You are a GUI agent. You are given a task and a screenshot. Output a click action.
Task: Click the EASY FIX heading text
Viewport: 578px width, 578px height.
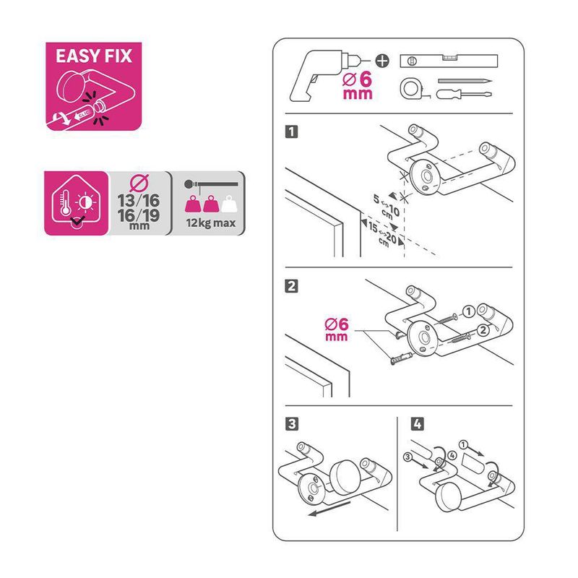pyautogui.click(x=94, y=56)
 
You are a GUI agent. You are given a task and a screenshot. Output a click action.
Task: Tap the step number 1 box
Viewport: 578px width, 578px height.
pyautogui.click(x=291, y=131)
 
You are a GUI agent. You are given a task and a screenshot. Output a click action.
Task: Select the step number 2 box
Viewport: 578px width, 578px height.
pyautogui.click(x=291, y=285)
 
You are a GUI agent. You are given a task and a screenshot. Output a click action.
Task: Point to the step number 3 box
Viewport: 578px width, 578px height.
pyautogui.click(x=292, y=424)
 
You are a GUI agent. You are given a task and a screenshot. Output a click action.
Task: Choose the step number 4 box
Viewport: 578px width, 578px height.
pyautogui.click(x=417, y=424)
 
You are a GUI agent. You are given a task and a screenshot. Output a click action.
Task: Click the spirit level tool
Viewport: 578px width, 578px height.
pyautogui.click(x=449, y=61)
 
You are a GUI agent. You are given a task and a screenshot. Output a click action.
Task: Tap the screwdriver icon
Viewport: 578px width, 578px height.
pyautogui.click(x=464, y=95)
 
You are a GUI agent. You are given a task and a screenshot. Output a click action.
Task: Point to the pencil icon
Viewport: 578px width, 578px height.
pyautogui.click(x=465, y=81)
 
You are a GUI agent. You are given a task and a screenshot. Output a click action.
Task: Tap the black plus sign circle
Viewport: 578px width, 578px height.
pyautogui.click(x=382, y=61)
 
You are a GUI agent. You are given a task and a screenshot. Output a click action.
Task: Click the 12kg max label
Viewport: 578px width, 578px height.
pyautogui.click(x=211, y=223)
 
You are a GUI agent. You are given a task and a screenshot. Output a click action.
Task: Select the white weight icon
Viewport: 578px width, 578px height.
pyautogui.click(x=229, y=204)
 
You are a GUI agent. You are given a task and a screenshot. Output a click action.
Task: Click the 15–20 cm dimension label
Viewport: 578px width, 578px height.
pyautogui.click(x=383, y=234)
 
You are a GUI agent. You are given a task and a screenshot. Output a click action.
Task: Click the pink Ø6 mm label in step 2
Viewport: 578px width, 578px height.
pyautogui.click(x=336, y=329)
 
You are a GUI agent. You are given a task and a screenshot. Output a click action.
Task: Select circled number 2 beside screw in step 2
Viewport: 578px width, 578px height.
pyautogui.click(x=483, y=330)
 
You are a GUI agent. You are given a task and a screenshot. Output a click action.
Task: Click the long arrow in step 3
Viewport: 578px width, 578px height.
pyautogui.click(x=329, y=508)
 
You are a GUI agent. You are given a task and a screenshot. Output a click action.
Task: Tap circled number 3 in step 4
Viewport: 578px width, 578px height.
pyautogui.click(x=407, y=457)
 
